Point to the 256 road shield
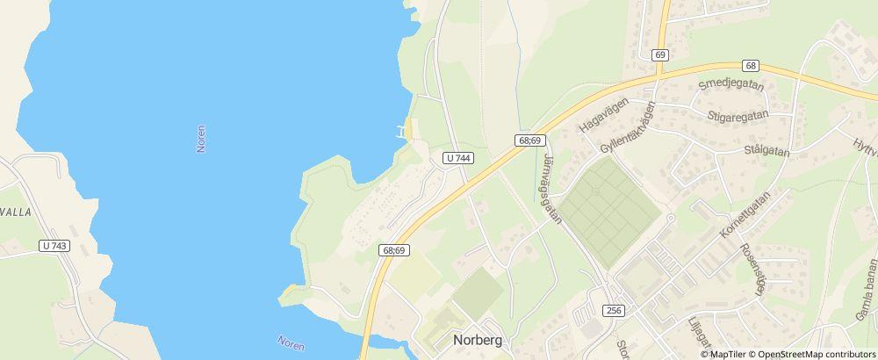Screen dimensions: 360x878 615,310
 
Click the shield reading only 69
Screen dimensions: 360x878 661,54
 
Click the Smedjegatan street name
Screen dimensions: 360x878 730,86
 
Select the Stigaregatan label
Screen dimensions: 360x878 736,114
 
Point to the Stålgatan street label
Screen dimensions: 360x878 766,152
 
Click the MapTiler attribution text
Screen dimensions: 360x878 727,354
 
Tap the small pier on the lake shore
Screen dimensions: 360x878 404,132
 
